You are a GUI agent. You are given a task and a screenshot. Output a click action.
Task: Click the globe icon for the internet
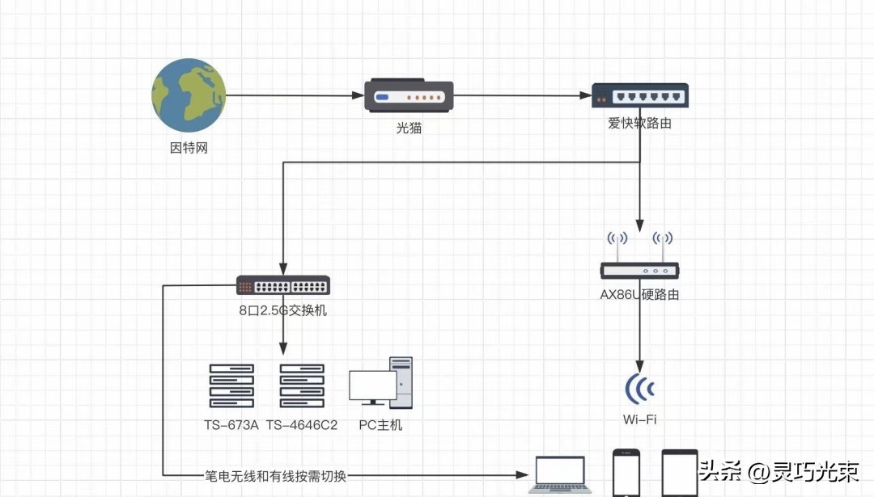click(x=189, y=95)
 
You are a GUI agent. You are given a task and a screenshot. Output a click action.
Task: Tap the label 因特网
click(x=189, y=149)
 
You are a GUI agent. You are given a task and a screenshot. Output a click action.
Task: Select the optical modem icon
click(x=408, y=95)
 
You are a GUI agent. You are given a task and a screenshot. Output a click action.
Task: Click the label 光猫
click(x=409, y=128)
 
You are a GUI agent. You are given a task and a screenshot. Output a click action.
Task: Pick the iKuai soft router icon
click(x=639, y=95)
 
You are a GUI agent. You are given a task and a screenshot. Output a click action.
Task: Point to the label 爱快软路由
click(x=639, y=124)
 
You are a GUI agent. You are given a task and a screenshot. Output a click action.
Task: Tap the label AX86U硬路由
click(x=639, y=295)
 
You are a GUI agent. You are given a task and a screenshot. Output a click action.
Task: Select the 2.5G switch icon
click(x=283, y=285)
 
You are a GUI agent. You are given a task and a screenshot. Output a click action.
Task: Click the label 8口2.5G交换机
click(x=283, y=310)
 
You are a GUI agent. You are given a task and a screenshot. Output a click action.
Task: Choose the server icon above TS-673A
click(x=231, y=385)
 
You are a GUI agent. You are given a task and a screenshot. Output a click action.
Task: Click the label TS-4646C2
click(x=302, y=425)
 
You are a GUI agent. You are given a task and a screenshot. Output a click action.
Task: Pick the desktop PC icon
click(x=380, y=384)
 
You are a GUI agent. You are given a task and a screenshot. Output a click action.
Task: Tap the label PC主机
click(x=380, y=425)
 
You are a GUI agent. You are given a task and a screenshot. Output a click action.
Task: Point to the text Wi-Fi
click(x=639, y=419)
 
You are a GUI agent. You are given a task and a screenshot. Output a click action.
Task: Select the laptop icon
click(x=560, y=474)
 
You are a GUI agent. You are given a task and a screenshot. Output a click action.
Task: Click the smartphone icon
click(x=626, y=474)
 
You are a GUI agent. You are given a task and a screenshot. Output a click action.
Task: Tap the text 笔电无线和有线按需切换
click(x=275, y=476)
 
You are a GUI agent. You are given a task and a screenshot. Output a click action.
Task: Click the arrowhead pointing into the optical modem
click(x=359, y=95)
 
